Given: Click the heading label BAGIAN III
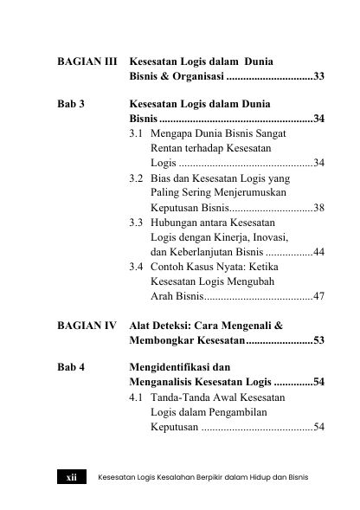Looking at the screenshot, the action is pos(87,63).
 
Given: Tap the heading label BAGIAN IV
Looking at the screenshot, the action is pos(87,326).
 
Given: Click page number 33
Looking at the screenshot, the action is pos(318,77).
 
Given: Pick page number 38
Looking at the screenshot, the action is pos(318,209).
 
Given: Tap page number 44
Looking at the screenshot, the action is pos(318,252).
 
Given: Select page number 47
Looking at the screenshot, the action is pos(318,297).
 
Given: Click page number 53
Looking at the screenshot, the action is pos(318,340).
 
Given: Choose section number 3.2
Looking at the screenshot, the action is pos(136,178).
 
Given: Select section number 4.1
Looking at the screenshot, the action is pos(136,397).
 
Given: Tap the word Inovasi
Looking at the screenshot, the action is pos(263,237).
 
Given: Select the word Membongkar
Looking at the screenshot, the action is pos(164,340).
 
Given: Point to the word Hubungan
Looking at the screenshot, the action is pos(178,223).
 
